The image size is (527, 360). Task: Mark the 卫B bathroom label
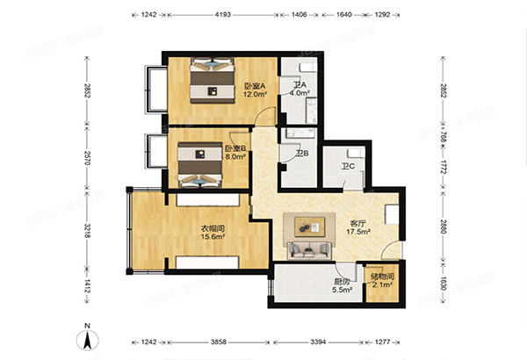click(301, 154)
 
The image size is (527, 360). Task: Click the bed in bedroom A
click(211, 84)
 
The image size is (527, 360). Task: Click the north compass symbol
click(88, 337)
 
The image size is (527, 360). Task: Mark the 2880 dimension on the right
click(444, 226)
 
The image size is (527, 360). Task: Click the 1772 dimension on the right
click(444, 166)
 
